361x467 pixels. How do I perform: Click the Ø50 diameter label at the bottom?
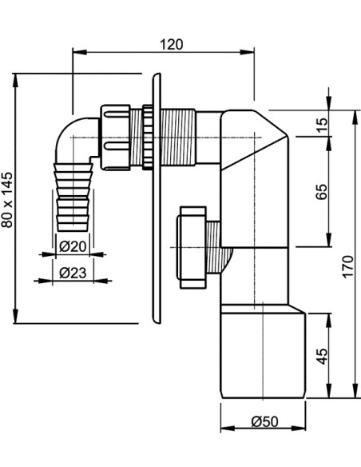point(264,421)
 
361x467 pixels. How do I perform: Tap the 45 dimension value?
point(321,353)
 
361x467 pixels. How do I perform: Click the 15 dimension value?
point(321,125)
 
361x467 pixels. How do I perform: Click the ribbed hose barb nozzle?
point(73,196)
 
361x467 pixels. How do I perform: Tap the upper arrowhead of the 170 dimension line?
point(355,114)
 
